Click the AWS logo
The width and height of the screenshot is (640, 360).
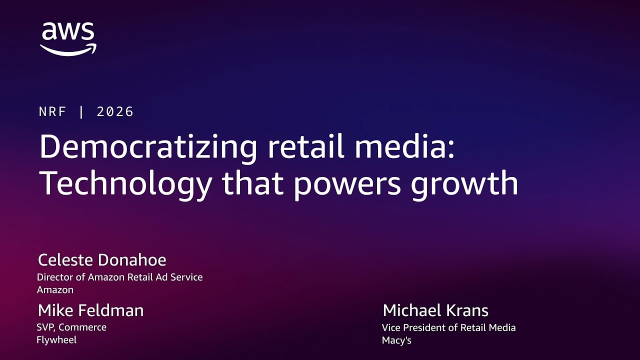pyautogui.click(x=68, y=38)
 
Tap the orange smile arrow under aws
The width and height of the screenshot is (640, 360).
pyautogui.click(x=68, y=49)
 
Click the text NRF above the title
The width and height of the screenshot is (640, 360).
pyautogui.click(x=52, y=111)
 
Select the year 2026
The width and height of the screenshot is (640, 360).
pyautogui.click(x=115, y=111)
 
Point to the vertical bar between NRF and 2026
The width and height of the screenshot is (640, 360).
pyautogui.click(x=81, y=111)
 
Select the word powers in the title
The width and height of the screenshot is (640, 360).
pyautogui.click(x=347, y=184)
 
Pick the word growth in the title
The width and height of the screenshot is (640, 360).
pyautogui.click(x=464, y=183)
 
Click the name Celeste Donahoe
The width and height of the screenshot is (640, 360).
pyautogui.click(x=102, y=260)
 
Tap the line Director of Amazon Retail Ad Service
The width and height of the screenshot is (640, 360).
pyautogui.click(x=120, y=277)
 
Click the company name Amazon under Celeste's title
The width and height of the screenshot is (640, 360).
pyautogui.click(x=55, y=289)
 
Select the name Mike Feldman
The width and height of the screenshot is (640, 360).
pyautogui.click(x=90, y=310)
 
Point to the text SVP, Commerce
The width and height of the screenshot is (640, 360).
pyautogui.click(x=71, y=327)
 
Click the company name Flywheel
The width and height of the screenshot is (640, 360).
pyautogui.click(x=56, y=340)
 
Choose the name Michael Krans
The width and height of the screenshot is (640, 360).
pyautogui.click(x=435, y=310)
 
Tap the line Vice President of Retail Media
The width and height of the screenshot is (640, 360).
pyautogui.click(x=448, y=327)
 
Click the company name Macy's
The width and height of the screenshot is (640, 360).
pyautogui.click(x=396, y=340)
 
